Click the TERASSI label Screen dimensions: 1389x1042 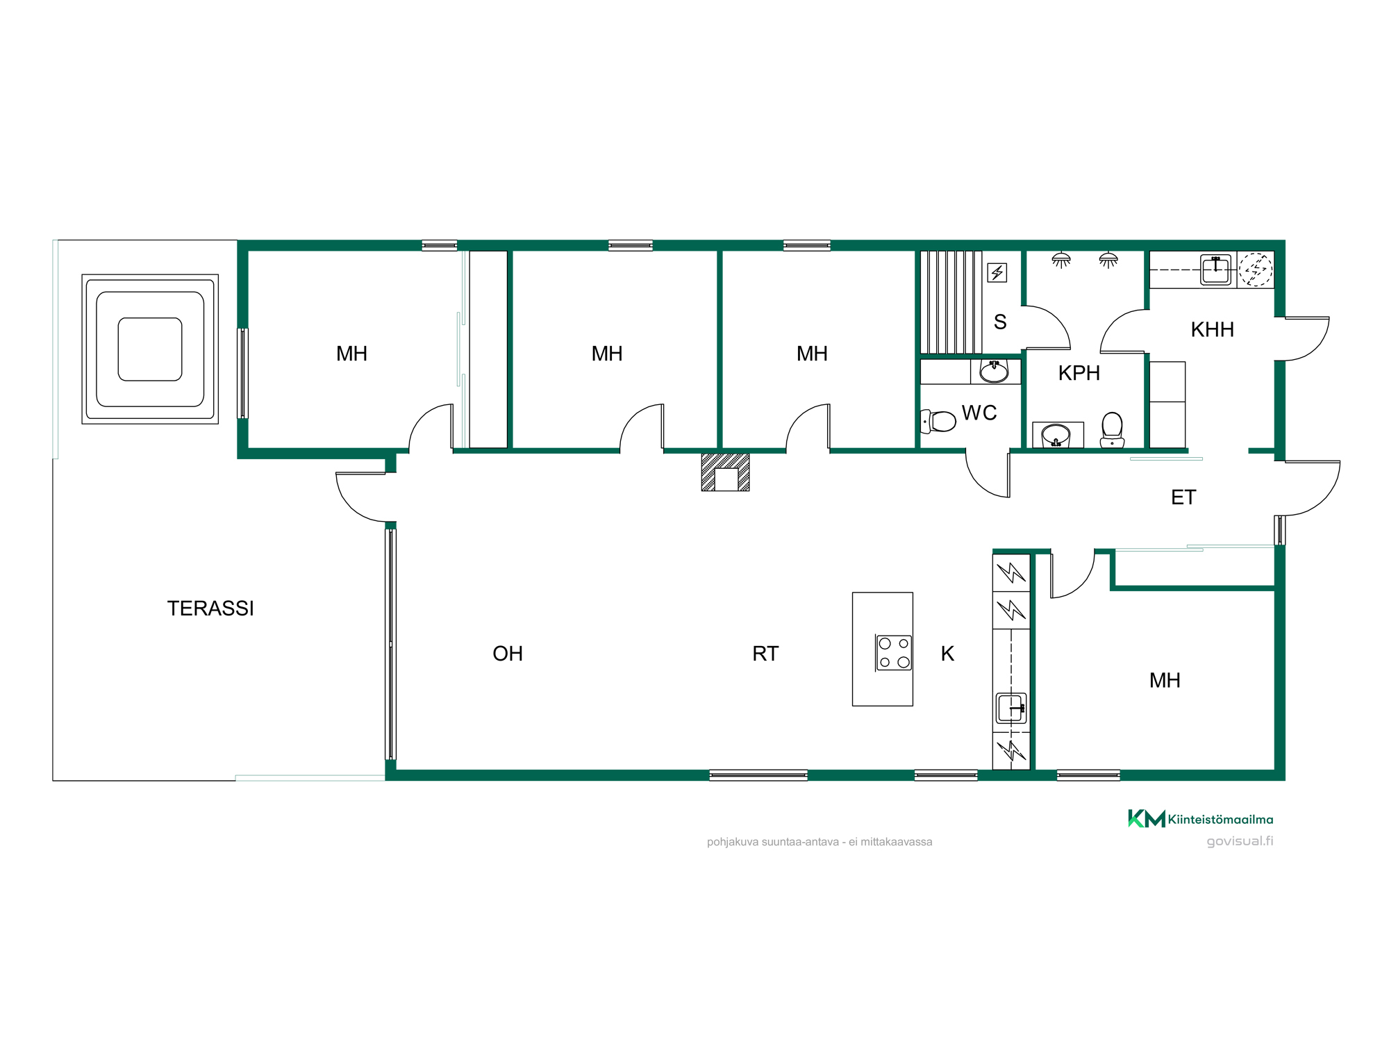click(x=210, y=609)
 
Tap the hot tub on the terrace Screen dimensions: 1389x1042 click(x=150, y=349)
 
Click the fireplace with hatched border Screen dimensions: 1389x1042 click(x=725, y=472)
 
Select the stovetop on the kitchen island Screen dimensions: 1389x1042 click(x=893, y=653)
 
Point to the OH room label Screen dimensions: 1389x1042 click(x=508, y=654)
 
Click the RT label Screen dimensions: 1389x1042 click(x=765, y=654)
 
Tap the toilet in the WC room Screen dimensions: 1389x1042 click(x=938, y=421)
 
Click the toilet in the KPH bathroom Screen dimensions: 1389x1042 click(x=1112, y=430)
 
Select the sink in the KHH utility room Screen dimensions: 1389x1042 click(x=1216, y=270)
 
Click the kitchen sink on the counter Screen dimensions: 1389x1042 click(x=1011, y=709)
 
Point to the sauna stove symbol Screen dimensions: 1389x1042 click(x=997, y=272)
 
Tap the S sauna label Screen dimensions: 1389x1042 click(x=1000, y=322)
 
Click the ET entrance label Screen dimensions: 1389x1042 click(x=1183, y=497)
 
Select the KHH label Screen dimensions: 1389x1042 click(x=1213, y=330)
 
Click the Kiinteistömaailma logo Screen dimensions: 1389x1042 click(x=1201, y=819)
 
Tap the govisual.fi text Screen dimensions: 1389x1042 click(x=1240, y=841)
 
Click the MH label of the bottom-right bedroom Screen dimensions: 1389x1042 click(x=1165, y=681)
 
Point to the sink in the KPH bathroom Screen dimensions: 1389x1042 click(x=1056, y=436)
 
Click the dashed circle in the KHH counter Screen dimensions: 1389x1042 click(x=1256, y=269)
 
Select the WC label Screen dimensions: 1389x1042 click(x=979, y=413)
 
